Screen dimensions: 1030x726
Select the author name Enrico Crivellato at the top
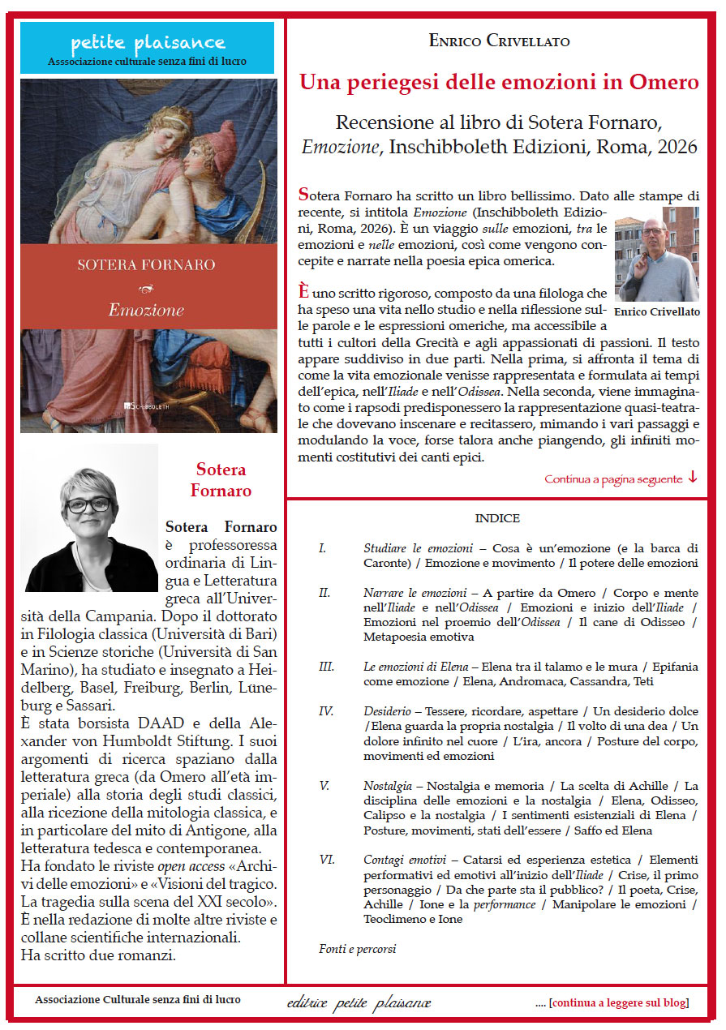click(499, 41)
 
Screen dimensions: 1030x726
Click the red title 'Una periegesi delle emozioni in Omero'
click(499, 82)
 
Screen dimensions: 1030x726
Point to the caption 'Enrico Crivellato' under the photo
click(656, 311)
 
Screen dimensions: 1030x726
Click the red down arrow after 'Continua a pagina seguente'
click(692, 477)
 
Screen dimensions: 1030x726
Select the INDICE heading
click(497, 518)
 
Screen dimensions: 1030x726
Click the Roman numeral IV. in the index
click(326, 710)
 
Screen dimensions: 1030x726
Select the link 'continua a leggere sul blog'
click(619, 1002)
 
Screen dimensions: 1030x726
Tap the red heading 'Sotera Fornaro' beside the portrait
click(221, 480)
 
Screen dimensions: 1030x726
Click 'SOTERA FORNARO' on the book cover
click(146, 264)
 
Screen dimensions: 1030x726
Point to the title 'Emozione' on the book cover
click(147, 309)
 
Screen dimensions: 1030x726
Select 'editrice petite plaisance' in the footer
click(359, 1003)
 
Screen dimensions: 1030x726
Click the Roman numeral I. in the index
click(323, 548)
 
